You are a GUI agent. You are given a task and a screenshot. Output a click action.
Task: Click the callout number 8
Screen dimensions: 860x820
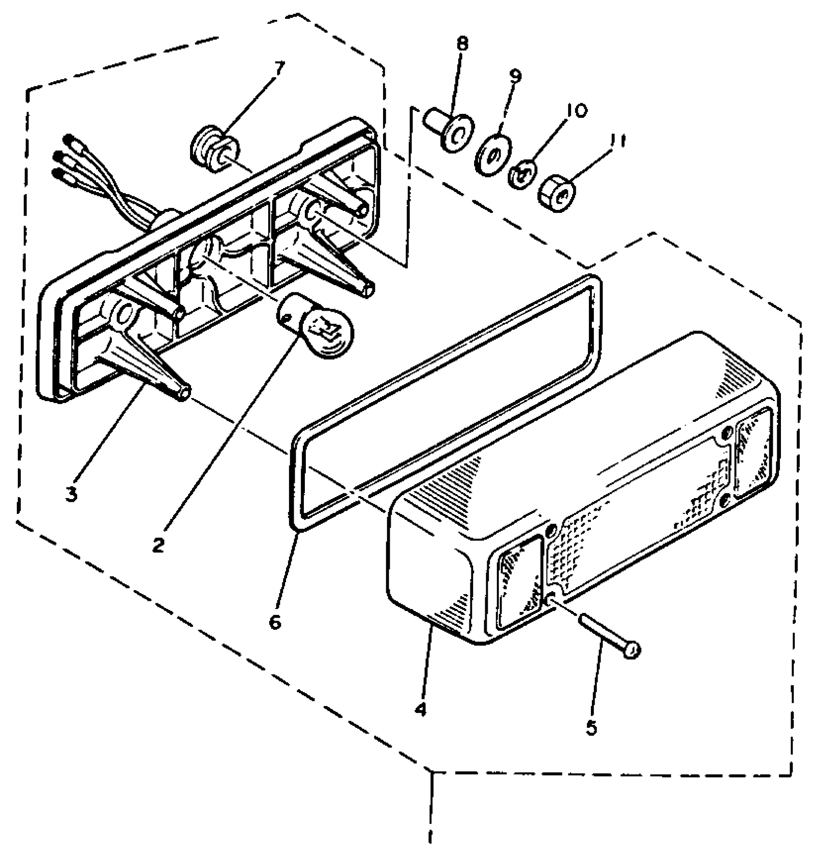(x=462, y=44)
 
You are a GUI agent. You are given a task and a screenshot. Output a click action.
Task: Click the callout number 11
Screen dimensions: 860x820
(x=617, y=140)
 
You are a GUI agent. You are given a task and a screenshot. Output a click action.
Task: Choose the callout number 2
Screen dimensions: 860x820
(x=157, y=546)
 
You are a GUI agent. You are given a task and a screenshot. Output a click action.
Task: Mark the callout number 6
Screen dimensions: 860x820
(x=274, y=622)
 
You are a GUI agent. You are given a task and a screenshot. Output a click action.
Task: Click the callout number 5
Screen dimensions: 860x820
(x=591, y=727)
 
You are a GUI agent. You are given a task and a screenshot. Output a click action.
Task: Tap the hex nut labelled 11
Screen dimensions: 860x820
(x=557, y=194)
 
